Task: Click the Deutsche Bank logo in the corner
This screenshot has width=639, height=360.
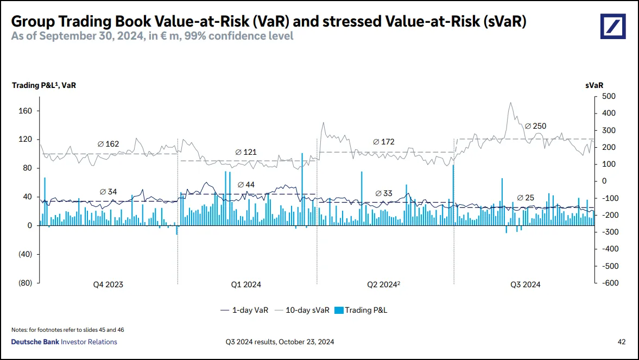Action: (613, 26)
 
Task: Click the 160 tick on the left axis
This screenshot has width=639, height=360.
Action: (26, 111)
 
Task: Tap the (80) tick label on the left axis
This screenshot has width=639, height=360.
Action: (25, 283)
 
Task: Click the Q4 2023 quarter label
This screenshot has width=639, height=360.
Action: (108, 285)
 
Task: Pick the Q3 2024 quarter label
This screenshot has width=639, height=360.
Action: (525, 285)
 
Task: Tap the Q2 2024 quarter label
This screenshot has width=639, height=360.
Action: (384, 285)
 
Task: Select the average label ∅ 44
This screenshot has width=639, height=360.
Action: (246, 185)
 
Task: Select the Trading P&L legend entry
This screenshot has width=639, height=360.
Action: (360, 311)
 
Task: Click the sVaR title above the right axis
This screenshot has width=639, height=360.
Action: (594, 85)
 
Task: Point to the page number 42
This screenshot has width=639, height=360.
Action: (622, 342)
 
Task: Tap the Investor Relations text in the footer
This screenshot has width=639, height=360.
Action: (89, 342)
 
